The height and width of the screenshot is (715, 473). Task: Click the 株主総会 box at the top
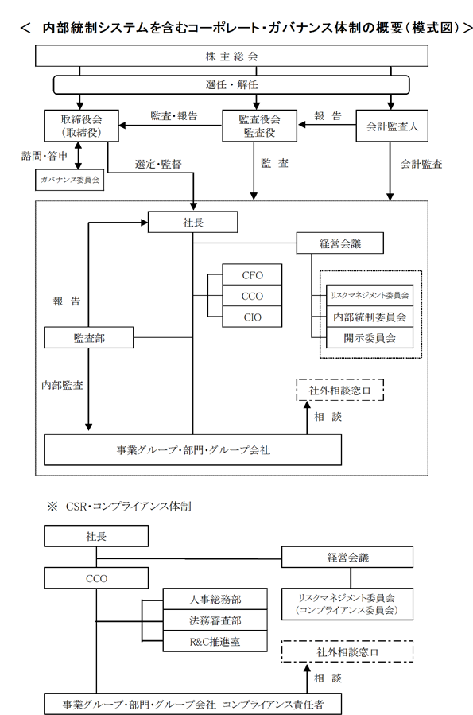click(231, 56)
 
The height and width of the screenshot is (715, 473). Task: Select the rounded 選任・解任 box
click(231, 84)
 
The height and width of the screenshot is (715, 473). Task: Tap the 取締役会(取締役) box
click(81, 126)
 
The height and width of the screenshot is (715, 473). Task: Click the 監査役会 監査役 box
click(259, 126)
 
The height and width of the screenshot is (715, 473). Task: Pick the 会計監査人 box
click(392, 126)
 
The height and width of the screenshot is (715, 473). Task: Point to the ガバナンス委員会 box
click(70, 180)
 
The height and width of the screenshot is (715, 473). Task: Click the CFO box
click(252, 275)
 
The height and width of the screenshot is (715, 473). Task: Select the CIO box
click(252, 317)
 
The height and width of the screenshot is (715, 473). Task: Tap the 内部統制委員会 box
click(370, 317)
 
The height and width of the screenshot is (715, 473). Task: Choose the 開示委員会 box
click(370, 338)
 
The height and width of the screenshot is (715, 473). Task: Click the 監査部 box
click(89, 337)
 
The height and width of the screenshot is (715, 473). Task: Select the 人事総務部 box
click(215, 599)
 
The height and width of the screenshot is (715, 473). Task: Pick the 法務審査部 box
click(215, 620)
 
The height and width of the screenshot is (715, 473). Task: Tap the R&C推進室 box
click(215, 641)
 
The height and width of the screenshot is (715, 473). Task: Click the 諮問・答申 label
click(45, 156)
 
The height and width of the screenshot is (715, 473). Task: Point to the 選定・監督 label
click(158, 164)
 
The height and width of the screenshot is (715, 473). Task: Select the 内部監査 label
click(63, 385)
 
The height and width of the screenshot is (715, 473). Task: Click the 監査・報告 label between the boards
click(174, 116)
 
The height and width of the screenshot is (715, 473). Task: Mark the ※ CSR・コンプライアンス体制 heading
click(119, 506)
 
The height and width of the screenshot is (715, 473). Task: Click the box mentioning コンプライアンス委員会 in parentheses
click(347, 604)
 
